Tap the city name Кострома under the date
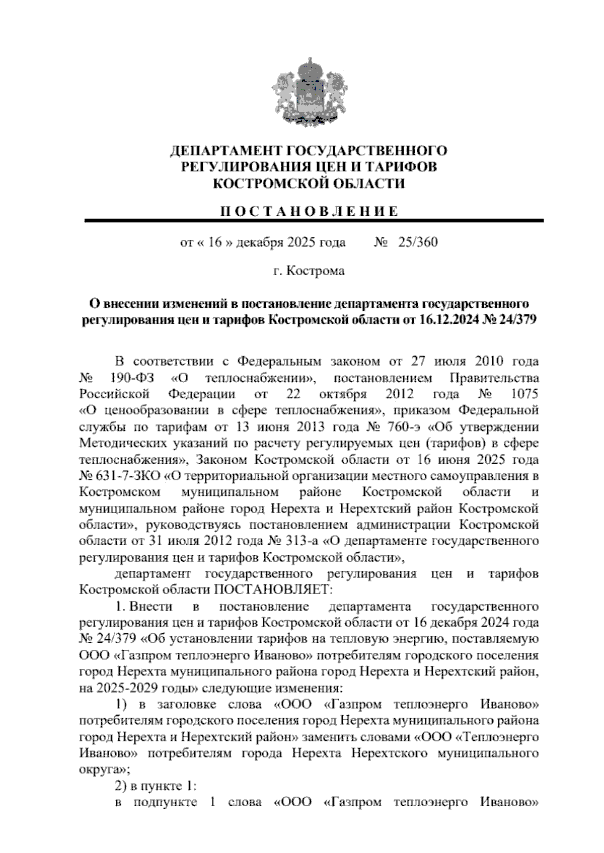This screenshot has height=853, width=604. [x=316, y=271]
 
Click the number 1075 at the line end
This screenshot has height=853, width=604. [x=524, y=393]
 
